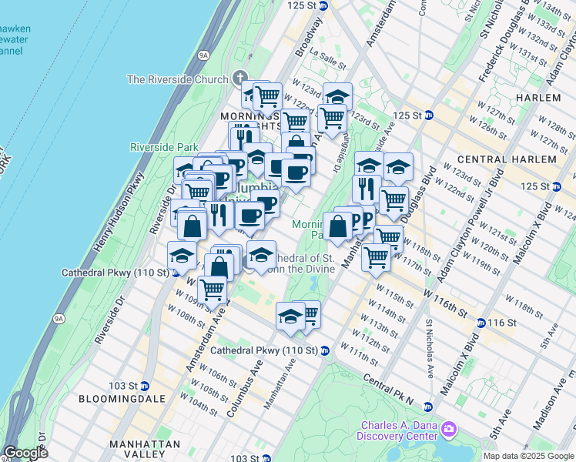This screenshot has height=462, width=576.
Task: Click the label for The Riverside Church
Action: [x=177, y=79]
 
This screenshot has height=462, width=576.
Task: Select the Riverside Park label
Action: [x=163, y=147]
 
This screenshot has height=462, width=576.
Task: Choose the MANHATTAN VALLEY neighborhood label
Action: [x=145, y=444]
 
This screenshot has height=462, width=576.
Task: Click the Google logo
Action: [x=25, y=453]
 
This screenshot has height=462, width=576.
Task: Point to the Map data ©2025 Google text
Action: [x=528, y=456]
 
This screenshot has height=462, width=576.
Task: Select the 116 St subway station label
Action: [x=500, y=322]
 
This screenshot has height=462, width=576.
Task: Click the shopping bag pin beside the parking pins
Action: [x=337, y=226]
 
